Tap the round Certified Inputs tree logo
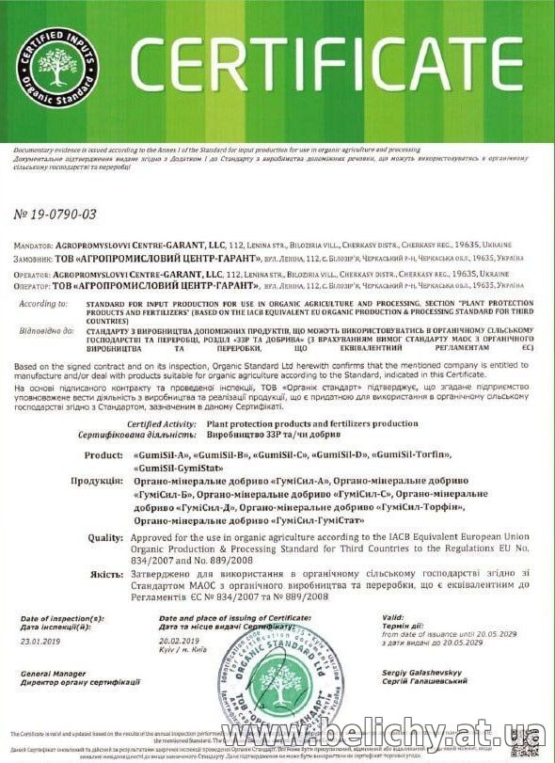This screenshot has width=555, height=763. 55,71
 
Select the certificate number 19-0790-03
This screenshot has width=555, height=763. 55,215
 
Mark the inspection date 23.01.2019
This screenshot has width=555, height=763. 37,639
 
